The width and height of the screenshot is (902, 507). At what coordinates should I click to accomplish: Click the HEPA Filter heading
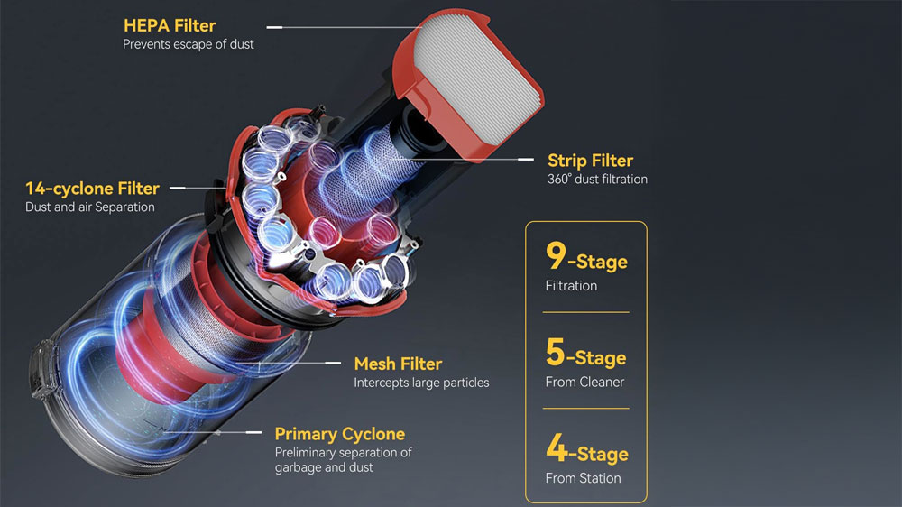click(x=170, y=25)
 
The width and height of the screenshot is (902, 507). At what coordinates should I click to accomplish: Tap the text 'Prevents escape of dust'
click(x=189, y=43)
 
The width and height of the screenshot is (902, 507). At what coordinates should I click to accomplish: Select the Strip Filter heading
click(x=590, y=161)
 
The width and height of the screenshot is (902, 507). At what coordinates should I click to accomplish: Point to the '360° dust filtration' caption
click(x=597, y=179)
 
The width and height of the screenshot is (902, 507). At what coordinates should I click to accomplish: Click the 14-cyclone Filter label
click(x=92, y=189)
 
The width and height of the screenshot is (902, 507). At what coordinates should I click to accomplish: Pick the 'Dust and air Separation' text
click(x=90, y=207)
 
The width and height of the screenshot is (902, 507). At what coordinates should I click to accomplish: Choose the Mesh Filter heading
click(x=398, y=364)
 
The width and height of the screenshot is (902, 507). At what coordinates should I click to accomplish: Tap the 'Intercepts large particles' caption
click(x=421, y=383)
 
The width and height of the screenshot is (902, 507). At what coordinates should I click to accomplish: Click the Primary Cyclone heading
click(x=340, y=434)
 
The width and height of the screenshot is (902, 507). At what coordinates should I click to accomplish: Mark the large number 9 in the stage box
click(x=556, y=256)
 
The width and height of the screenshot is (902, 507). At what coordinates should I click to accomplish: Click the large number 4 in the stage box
click(x=557, y=448)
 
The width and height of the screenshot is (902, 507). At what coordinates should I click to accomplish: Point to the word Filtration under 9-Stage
click(x=571, y=286)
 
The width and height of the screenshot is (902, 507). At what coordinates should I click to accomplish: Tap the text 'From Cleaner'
click(x=584, y=382)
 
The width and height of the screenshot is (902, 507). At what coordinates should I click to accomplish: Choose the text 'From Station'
click(x=583, y=478)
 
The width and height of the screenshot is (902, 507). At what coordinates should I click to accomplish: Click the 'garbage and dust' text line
click(x=324, y=467)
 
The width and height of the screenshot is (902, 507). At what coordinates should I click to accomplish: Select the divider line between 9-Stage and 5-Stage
click(x=586, y=312)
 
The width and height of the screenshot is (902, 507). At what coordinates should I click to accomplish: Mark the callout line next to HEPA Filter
click(x=275, y=27)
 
